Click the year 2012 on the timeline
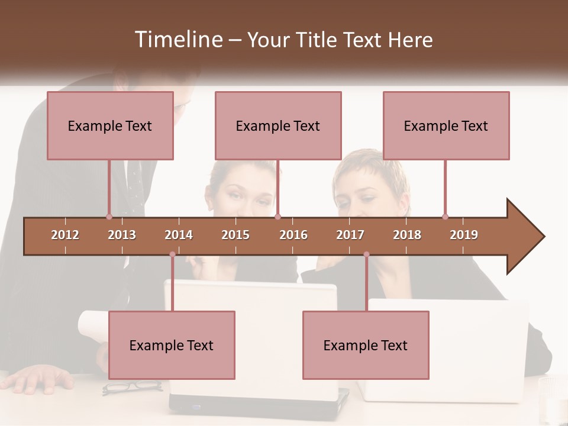coord(65,235)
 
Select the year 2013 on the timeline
coord(122,235)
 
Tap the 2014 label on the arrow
coord(179,235)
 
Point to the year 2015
coord(235,235)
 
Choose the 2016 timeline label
coord(293,235)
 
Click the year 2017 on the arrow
coord(350,235)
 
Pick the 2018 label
coord(407,235)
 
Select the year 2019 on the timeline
coord(464,235)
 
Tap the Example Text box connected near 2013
coord(110,125)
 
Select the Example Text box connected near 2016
coord(278,125)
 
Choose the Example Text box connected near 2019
coord(446,125)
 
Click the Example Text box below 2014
coord(172,345)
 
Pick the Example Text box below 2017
coord(366,345)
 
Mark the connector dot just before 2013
coord(109,217)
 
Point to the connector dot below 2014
coord(172,254)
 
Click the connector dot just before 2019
coord(445,217)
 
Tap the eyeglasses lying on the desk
coord(131,388)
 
